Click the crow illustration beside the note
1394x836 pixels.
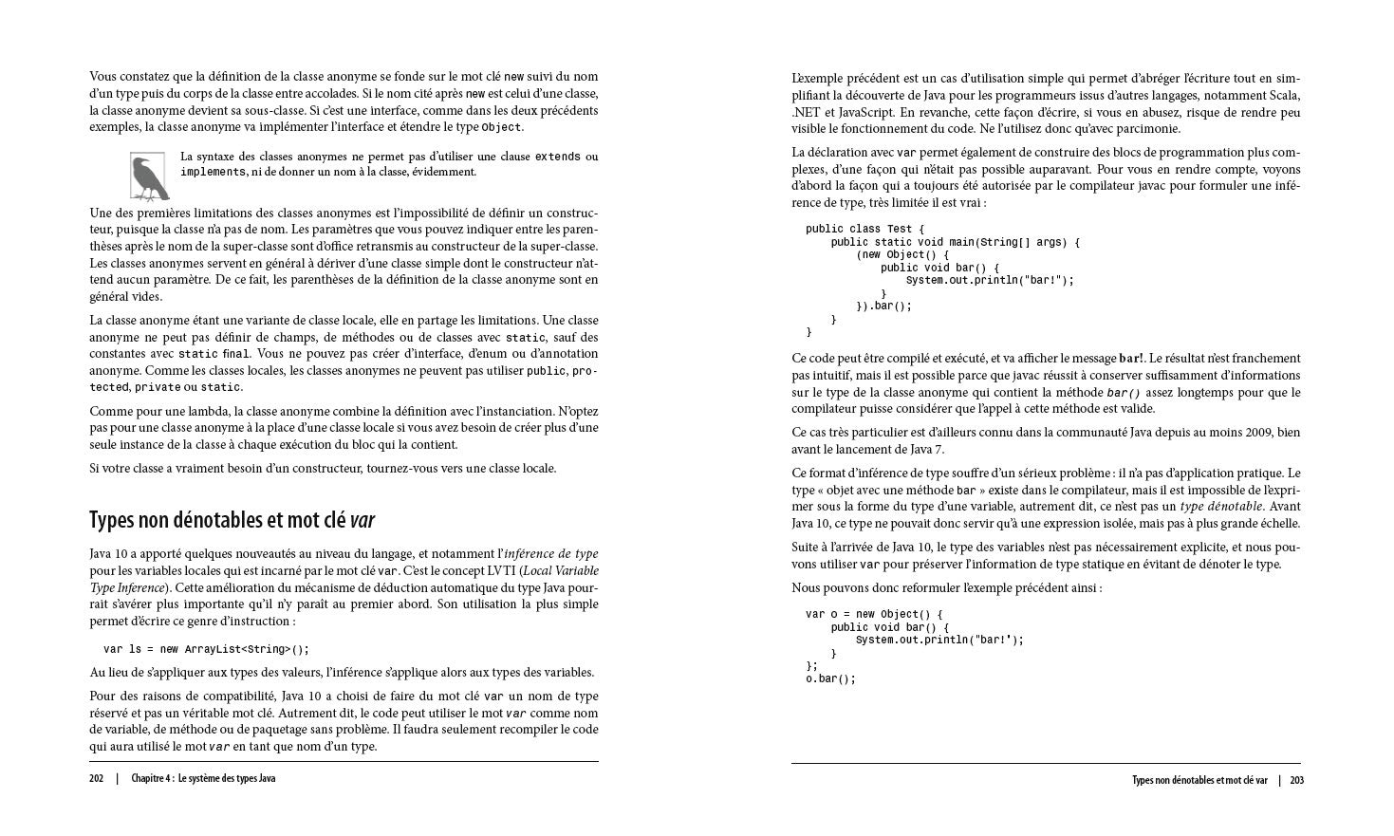tap(148, 176)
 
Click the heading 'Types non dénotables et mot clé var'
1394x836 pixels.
tap(232, 520)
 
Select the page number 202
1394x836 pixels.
tap(97, 779)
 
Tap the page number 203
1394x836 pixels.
tap(1297, 781)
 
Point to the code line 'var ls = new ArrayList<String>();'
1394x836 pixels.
tap(206, 650)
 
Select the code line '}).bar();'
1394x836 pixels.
tap(883, 307)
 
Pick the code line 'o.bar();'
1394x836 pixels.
tap(830, 679)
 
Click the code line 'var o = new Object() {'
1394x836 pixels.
tap(874, 615)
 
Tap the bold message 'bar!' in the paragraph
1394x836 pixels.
tap(1131, 359)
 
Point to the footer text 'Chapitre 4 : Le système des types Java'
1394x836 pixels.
tap(204, 779)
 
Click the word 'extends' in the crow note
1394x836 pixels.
tap(558, 157)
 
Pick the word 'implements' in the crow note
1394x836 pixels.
tap(214, 173)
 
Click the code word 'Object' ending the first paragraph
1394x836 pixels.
tap(501, 128)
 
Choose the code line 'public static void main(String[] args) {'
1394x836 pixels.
tap(955, 243)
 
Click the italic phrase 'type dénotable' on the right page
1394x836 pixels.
tap(1221, 507)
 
